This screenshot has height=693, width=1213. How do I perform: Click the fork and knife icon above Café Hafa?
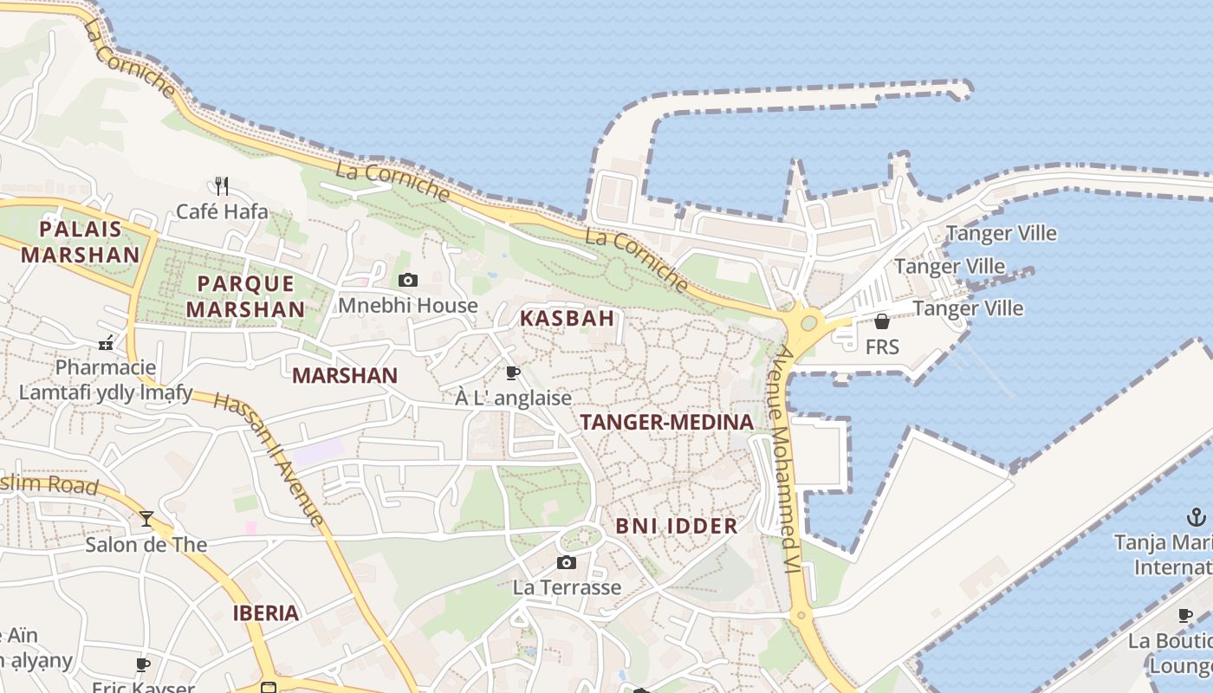click(x=222, y=185)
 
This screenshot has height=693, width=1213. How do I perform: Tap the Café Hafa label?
click(x=222, y=211)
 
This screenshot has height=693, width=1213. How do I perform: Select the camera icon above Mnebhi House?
click(x=407, y=280)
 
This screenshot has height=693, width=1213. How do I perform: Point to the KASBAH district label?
click(x=567, y=318)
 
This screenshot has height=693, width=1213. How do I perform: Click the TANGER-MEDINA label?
click(x=666, y=423)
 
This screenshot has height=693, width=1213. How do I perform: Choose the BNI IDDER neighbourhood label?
click(x=677, y=526)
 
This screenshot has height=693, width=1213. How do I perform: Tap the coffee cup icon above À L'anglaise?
click(x=513, y=373)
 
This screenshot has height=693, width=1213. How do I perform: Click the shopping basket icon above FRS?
click(x=882, y=321)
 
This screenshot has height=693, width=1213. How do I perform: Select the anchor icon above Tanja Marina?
click(x=1196, y=518)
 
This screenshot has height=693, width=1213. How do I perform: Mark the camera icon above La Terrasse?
click(x=567, y=563)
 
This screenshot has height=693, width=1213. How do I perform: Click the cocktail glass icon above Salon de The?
click(x=146, y=519)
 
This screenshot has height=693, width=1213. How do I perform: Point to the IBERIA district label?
click(x=266, y=613)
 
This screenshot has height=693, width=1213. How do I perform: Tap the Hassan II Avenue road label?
click(x=269, y=459)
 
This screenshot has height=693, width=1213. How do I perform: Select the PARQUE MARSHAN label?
click(x=246, y=296)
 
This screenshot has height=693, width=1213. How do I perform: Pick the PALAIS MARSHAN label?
click(x=80, y=242)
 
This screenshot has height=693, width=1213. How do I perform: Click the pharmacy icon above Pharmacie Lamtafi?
click(x=106, y=343)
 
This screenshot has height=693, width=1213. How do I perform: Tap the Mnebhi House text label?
click(x=407, y=306)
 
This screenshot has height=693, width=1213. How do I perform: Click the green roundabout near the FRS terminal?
click(x=808, y=323)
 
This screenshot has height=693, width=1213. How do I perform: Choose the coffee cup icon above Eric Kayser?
click(x=143, y=664)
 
